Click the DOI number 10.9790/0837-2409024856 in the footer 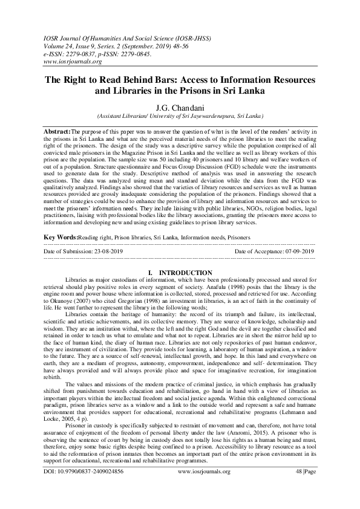(x=92, y=488)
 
